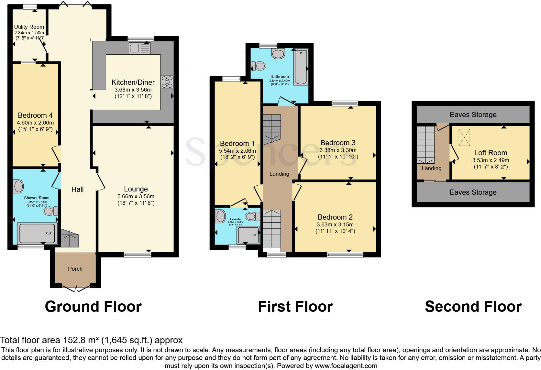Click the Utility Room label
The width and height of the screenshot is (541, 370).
[x=29, y=27]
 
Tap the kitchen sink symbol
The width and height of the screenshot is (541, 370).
[x=139, y=49]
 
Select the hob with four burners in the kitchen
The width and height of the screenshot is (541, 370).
[x=167, y=82]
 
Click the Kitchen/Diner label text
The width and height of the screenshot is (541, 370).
[x=133, y=82]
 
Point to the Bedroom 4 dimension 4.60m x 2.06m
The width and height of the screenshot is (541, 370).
[x=36, y=123]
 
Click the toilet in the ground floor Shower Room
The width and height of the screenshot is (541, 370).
[x=50, y=211]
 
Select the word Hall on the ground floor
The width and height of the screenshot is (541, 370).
[x=77, y=189]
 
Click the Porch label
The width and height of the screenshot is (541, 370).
[x=75, y=269]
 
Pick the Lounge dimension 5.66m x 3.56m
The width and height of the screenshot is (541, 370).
[x=136, y=196]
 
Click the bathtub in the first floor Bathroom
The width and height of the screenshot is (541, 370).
[x=301, y=67]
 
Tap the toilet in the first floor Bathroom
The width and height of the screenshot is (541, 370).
[x=259, y=66]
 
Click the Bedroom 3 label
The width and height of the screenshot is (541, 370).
[x=338, y=143]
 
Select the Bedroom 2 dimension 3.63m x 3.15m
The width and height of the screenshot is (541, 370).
[x=335, y=224]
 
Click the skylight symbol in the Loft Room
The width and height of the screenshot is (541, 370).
[x=464, y=137]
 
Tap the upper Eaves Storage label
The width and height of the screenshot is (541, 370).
[x=473, y=114]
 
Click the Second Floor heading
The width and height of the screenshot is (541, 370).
[x=473, y=307]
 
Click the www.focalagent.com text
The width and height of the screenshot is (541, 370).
[x=346, y=366]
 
